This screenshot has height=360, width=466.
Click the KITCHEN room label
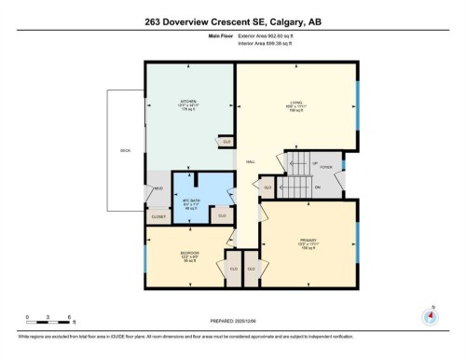186,102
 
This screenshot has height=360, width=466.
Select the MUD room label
159,189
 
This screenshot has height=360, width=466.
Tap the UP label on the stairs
315,162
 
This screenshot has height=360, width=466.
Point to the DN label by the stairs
317,187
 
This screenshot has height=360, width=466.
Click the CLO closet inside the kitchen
226,142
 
